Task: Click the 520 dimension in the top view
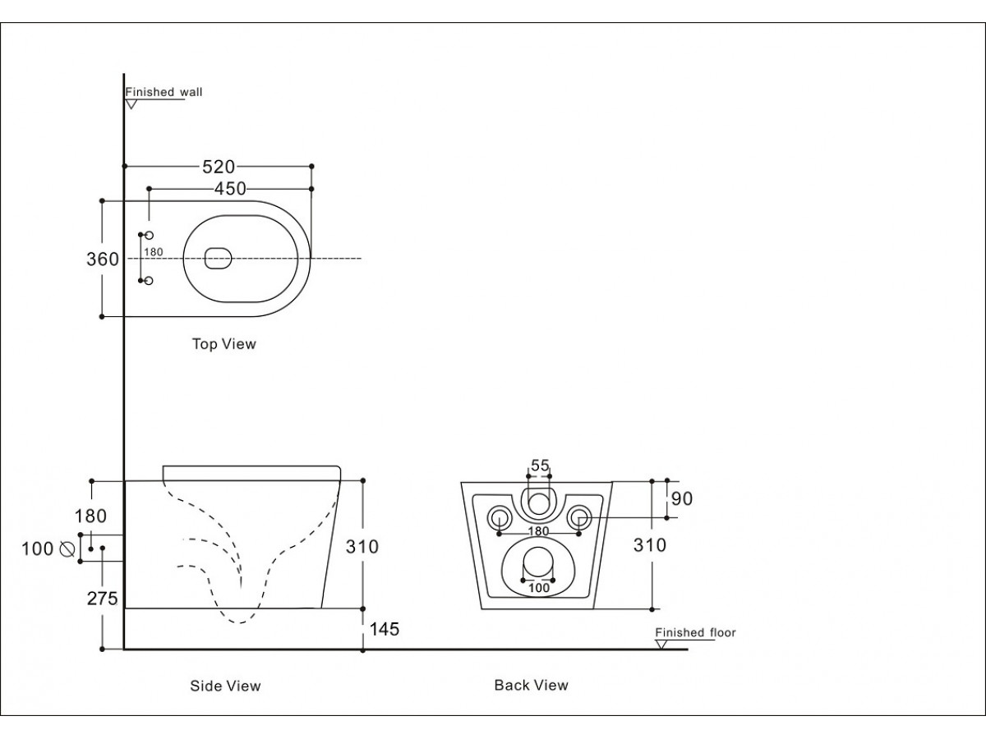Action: [x=219, y=167]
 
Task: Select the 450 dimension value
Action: [x=230, y=189]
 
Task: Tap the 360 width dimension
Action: [x=103, y=259]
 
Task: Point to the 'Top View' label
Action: [x=223, y=344]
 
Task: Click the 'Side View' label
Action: [x=225, y=686]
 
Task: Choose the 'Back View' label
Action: [x=531, y=685]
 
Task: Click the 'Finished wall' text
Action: [x=164, y=92]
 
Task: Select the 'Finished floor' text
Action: [x=695, y=632]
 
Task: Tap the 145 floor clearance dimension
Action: [x=385, y=629]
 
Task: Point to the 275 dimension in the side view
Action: [x=103, y=599]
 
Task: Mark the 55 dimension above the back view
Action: [x=539, y=466]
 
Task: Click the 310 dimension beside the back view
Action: [x=650, y=544]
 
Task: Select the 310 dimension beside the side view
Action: [x=362, y=545]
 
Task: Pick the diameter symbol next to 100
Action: [x=66, y=549]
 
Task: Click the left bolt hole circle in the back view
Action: [x=499, y=517]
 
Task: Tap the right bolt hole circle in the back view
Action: [x=579, y=517]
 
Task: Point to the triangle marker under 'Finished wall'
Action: [x=131, y=104]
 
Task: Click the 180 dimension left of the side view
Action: [x=90, y=516]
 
